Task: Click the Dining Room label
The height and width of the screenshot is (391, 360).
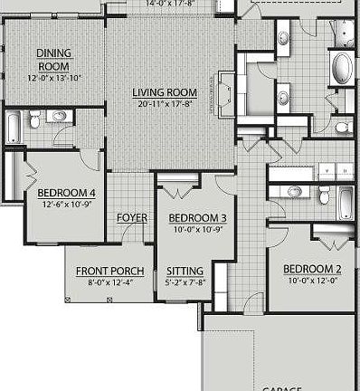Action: point(53,60)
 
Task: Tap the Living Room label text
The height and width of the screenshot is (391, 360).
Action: point(165,92)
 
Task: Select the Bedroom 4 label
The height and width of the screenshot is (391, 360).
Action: point(66,192)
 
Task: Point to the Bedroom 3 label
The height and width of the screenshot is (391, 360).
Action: point(197,218)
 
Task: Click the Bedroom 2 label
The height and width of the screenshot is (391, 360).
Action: point(311,269)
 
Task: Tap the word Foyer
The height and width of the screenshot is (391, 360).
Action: point(132,218)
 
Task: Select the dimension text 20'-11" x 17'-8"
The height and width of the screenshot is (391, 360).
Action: point(165,103)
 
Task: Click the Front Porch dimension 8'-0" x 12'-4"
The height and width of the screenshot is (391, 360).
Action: point(109,282)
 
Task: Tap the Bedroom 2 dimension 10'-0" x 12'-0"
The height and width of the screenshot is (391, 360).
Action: point(311,280)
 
